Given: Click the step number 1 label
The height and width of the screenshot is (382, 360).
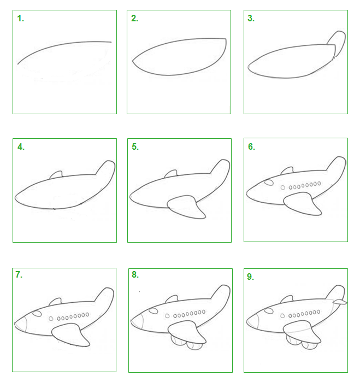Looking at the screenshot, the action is click(20, 19).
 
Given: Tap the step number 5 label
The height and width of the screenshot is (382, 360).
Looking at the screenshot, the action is click(135, 146).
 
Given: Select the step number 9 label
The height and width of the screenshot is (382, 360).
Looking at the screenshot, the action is click(250, 277).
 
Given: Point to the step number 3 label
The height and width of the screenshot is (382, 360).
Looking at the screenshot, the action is click(251, 18).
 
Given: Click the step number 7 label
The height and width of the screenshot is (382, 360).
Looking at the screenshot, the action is click(19, 274).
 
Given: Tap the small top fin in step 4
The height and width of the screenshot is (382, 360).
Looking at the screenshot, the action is click(56, 175).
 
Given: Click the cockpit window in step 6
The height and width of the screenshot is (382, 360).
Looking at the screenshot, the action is click(269, 183).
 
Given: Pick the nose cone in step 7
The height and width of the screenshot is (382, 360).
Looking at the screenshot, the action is click(20, 324).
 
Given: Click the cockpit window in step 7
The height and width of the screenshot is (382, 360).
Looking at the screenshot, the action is click(37, 314).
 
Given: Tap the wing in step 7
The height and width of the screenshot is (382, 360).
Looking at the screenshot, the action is click(71, 335).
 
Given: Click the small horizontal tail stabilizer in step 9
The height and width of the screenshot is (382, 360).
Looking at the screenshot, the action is click(340, 302).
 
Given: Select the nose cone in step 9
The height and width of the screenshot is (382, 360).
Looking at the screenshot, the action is click(252, 321).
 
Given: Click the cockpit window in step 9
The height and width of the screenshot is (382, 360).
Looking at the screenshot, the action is click(269, 311).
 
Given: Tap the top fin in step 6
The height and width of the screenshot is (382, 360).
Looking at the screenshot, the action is click(287, 171).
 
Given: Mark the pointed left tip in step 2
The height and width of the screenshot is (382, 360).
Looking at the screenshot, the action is click(133, 61).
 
